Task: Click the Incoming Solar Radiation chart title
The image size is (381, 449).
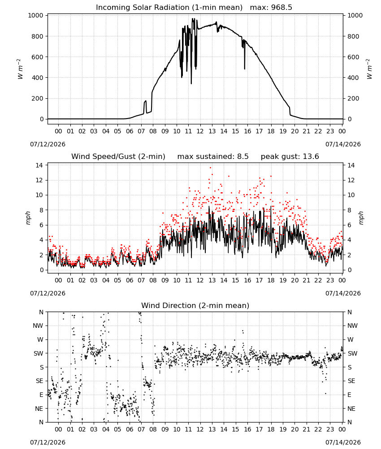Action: tap(169, 8)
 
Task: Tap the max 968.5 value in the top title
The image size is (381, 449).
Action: tap(271, 8)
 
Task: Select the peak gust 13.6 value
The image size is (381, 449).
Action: tap(290, 157)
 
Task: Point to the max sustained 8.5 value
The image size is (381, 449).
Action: tap(213, 157)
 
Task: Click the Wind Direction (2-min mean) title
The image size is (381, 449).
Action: tap(195, 305)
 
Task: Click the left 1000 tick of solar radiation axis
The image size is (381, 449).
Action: tap(36, 15)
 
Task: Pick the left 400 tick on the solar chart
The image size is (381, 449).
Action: tap(38, 78)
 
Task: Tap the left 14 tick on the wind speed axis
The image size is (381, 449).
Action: tap(39, 165)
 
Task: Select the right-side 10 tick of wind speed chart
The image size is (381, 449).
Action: tap(351, 195)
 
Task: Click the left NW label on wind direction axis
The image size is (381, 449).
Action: tap(38, 326)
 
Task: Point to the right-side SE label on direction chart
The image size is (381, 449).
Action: tap(351, 381)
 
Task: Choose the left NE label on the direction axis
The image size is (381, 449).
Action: tap(39, 409)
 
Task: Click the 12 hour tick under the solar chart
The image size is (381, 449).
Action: tap(200, 131)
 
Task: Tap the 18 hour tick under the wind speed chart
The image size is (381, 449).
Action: tap(271, 280)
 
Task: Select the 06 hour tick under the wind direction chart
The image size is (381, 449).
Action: tap(130, 429)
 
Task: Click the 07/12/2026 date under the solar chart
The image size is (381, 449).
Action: tap(48, 144)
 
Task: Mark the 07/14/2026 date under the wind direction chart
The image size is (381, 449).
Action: tap(343, 442)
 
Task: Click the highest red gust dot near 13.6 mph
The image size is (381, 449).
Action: tap(211, 168)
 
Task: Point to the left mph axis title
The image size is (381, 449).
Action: tap(28, 218)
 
